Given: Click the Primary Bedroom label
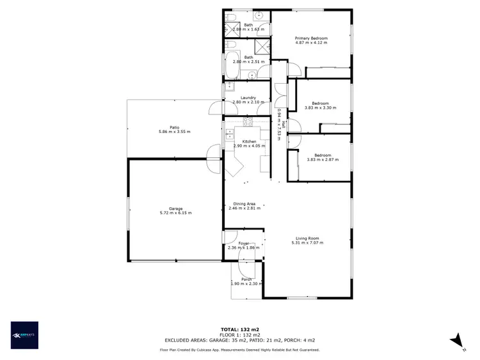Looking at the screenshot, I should (x=311, y=38).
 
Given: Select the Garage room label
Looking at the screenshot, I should (x=175, y=208).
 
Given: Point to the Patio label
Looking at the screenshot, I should (x=174, y=127).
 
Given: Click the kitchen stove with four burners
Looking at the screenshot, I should (x=248, y=121).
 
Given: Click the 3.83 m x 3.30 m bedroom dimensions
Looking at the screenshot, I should (x=320, y=108).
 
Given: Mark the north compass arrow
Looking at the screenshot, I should (x=455, y=340).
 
